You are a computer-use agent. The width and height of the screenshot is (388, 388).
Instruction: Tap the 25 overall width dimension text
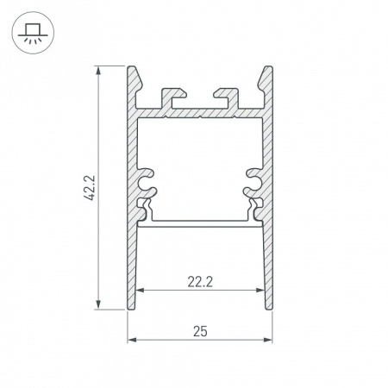[200, 329]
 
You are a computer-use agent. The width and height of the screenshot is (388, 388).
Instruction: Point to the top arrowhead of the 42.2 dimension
[101, 70]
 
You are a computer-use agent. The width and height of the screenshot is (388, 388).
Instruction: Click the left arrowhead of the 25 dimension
[132, 339]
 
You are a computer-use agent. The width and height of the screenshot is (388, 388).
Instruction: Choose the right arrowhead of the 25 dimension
[269, 339]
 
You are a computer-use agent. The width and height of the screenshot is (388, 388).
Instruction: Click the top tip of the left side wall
[134, 68]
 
